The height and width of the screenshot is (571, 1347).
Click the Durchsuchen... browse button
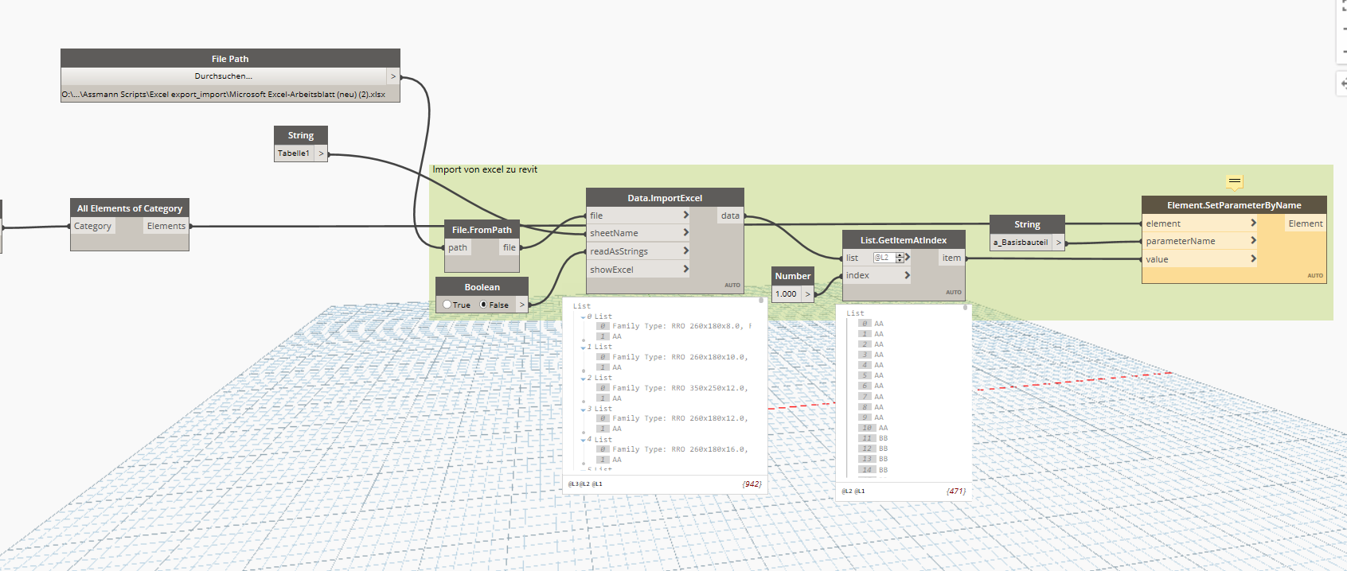tap(223, 76)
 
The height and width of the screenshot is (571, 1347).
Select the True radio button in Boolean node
tap(447, 305)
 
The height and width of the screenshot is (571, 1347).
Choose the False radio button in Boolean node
tap(483, 305)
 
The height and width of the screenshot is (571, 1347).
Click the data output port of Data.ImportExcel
tap(730, 216)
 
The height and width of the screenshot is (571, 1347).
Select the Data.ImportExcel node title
tap(665, 198)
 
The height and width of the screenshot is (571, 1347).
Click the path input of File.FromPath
tap(458, 247)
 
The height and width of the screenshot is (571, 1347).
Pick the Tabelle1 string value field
tap(294, 153)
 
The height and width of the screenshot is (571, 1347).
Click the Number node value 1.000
tap(786, 294)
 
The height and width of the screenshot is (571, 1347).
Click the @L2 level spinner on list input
tap(900, 258)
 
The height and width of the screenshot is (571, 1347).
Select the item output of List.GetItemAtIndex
tap(951, 258)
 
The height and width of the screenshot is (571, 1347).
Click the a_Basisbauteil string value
tap(1021, 243)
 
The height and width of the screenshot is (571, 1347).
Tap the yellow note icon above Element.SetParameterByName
tap(1234, 182)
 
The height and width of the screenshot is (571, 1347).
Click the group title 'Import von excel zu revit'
tap(485, 169)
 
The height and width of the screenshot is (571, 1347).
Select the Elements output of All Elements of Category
tap(166, 226)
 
